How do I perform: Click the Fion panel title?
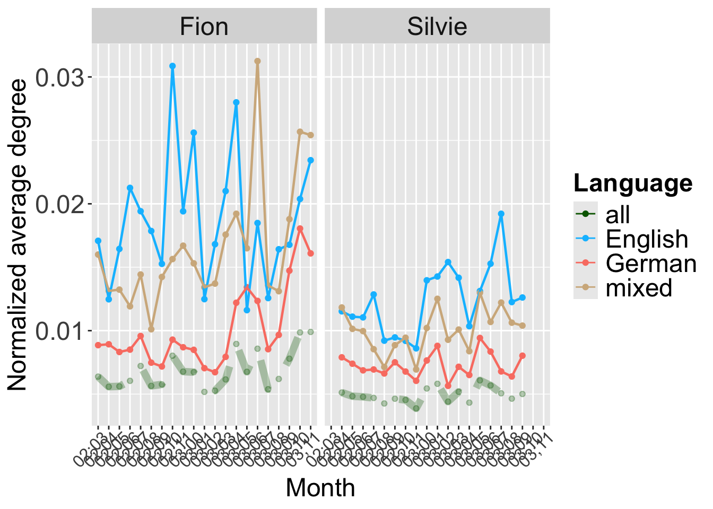point(204,27)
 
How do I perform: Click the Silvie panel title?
point(437,27)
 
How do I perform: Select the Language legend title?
point(633,183)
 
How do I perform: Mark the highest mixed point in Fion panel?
point(257,61)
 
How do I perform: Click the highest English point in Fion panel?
point(172,66)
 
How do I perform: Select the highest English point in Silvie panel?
point(501,214)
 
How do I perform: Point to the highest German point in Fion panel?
point(300,229)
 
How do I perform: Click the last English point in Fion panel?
point(310,160)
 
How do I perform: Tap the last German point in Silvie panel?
point(522,356)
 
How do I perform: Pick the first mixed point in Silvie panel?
point(342,308)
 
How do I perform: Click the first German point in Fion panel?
point(98,345)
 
